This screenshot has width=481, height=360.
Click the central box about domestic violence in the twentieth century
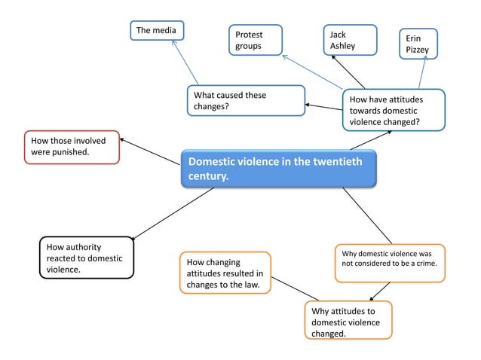pos(278,168)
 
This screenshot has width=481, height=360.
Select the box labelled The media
pos(157,30)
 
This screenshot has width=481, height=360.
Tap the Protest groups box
pos(256,41)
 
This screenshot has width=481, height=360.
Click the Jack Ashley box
pos(350,40)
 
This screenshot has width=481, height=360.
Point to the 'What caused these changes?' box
pos(246,100)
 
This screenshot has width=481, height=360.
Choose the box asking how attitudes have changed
pos(393,110)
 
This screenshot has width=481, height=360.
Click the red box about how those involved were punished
pos(72,147)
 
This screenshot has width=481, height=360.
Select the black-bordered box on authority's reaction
pos(86,258)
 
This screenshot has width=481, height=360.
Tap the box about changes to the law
pos(225,273)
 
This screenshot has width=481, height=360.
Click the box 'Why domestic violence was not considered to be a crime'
pos(389,263)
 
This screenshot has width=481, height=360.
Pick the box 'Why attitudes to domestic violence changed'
pos(348,320)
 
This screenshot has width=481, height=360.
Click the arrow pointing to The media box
pos(185,62)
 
